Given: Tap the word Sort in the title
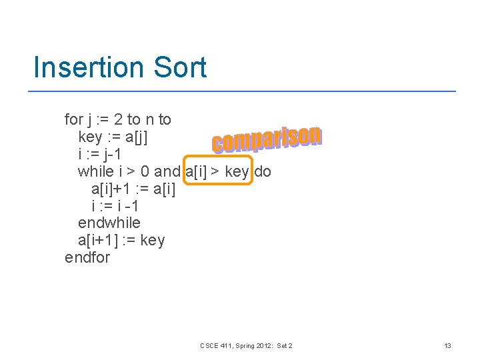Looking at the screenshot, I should [x=178, y=68].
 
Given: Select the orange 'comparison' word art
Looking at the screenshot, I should [x=267, y=139].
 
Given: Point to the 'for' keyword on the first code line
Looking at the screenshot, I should [x=73, y=120].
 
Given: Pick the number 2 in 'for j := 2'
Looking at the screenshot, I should [x=118, y=120].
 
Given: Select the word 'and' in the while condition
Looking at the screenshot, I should [x=167, y=172].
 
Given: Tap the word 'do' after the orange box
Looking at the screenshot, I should [x=263, y=172].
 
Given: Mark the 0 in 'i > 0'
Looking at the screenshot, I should [x=144, y=172].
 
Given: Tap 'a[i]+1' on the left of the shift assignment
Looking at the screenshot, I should [x=113, y=189].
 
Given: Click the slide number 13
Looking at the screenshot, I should [x=447, y=345].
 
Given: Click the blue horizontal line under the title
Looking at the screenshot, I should [x=245, y=91].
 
